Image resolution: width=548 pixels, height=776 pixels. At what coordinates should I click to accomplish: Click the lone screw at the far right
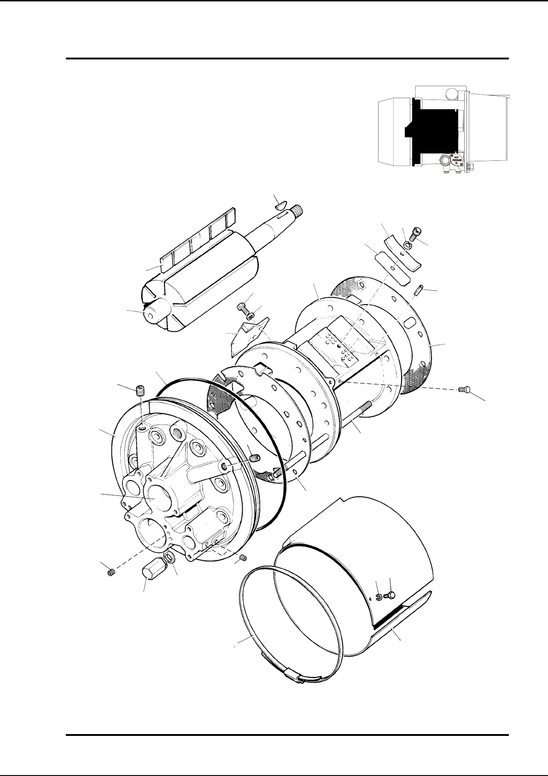[465, 390]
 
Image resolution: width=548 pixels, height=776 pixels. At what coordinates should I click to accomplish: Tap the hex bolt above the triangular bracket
[242, 306]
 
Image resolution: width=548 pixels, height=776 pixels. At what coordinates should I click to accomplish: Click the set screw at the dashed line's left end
[111, 572]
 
